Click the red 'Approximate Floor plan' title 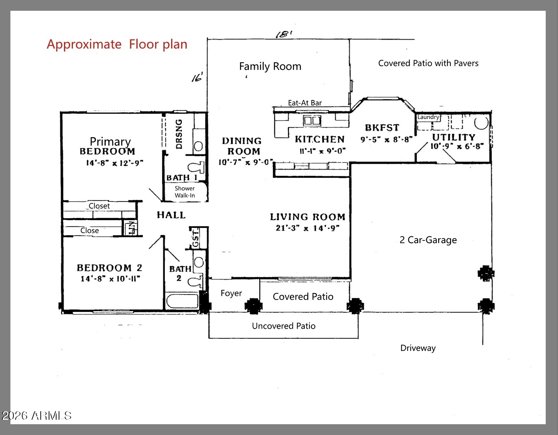[117, 44]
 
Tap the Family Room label [270, 67]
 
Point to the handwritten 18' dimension [284, 34]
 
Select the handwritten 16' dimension [197, 77]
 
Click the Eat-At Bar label [305, 103]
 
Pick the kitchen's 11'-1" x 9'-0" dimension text [323, 151]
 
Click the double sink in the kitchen [312, 120]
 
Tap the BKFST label [382, 128]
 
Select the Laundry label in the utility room [428, 117]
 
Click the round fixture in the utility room [481, 123]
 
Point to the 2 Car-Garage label [428, 240]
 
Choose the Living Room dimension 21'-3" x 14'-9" [308, 228]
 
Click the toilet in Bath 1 [196, 168]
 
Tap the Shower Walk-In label [185, 192]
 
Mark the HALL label [171, 215]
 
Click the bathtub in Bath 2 [182, 301]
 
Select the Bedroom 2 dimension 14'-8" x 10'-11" [110, 279]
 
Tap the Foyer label [231, 293]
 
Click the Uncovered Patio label [283, 326]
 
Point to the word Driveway [418, 348]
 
